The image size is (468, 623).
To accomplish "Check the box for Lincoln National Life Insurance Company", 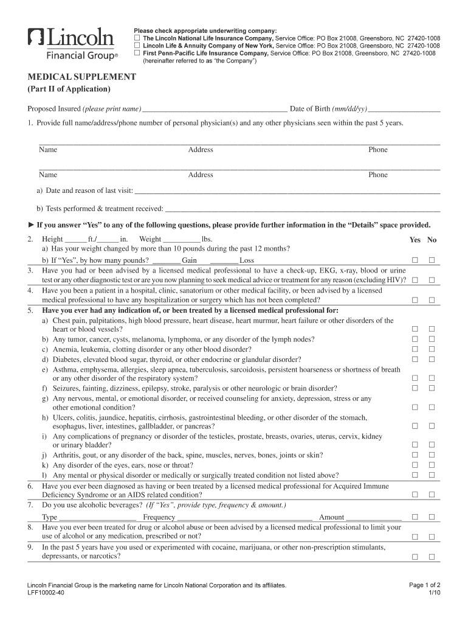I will click(137, 38).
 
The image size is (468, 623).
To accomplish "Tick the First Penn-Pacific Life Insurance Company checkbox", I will click(137, 53).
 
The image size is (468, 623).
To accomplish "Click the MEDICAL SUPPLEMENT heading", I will click(82, 77).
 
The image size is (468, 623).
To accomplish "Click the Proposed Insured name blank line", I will click(214, 110).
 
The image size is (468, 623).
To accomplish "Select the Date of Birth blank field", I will click(404, 110).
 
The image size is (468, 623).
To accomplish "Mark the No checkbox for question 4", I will click(432, 300).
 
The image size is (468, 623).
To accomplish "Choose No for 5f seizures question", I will click(432, 388).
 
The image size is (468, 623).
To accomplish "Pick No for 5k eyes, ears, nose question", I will click(432, 465).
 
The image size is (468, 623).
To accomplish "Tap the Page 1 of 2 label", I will click(425, 585).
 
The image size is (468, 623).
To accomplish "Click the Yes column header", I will click(415, 240).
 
